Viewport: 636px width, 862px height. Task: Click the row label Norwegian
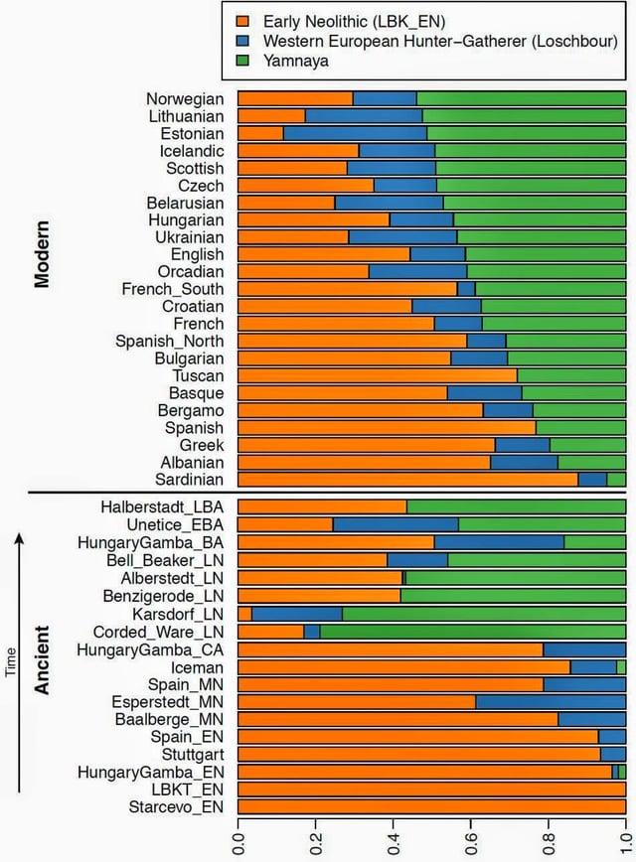tap(185, 98)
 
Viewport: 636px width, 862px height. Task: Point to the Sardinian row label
tap(189, 480)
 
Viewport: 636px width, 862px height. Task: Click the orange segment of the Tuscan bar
tap(378, 375)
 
